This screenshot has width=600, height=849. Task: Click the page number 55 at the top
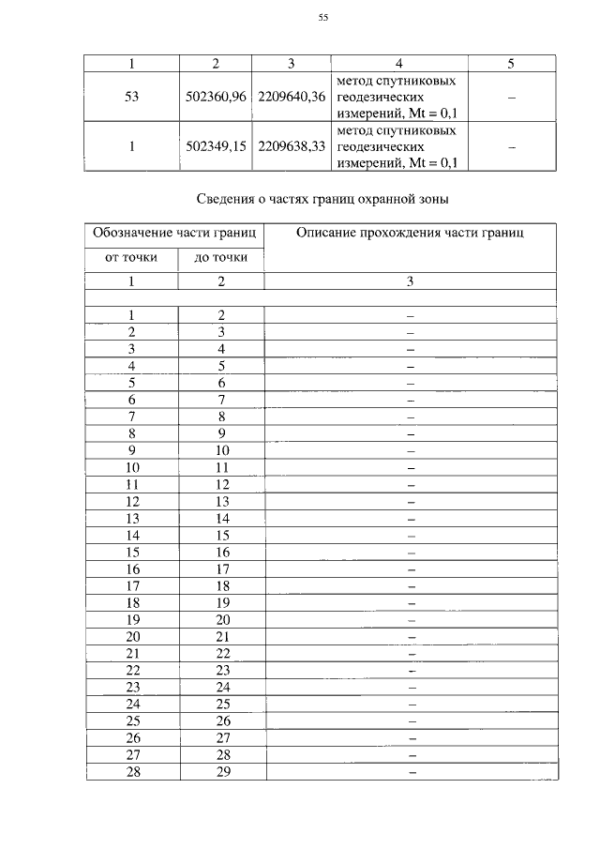coord(323,17)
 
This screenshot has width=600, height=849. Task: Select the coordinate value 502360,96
coord(216,97)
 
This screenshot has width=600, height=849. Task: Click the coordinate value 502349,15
coord(216,147)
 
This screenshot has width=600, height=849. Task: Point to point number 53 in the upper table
coord(131,97)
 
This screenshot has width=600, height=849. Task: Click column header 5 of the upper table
coord(511,64)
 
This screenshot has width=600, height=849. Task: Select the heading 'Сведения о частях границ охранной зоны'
coord(323,199)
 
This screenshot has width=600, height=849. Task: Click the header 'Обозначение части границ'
coord(174,232)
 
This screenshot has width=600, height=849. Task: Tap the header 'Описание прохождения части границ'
coord(410,232)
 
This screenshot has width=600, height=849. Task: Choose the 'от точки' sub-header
coord(131,257)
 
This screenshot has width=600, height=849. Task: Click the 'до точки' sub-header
coord(221,257)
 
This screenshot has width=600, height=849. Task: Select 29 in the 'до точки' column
coord(222,772)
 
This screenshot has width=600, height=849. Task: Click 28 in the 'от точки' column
coord(132,772)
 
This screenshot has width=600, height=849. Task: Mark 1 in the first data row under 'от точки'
coord(132,315)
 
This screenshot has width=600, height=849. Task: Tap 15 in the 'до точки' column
coord(222,536)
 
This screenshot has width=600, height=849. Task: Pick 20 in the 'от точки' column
coord(132,637)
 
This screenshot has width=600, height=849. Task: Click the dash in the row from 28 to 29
coord(411,773)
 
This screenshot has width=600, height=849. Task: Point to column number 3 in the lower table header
coord(410,281)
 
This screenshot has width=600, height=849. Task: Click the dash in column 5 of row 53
coord(511,98)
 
